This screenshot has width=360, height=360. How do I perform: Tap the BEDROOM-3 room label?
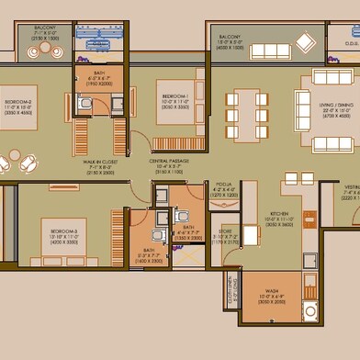pos(64,229)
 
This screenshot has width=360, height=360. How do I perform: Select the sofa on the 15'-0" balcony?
pos(271,51)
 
